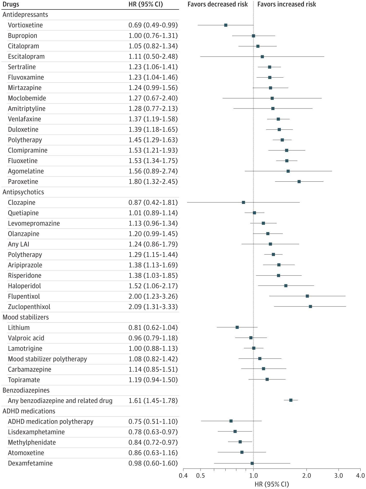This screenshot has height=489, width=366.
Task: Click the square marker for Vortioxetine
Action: pyautogui.click(x=226, y=25)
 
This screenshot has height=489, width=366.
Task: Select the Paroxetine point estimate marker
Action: pyautogui.click(x=299, y=181)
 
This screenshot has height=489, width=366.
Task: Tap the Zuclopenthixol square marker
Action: pyautogui.click(x=310, y=306)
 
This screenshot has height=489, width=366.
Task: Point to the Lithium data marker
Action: pyautogui.click(x=237, y=327)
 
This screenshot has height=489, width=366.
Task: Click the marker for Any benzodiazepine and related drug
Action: pyautogui.click(x=291, y=400)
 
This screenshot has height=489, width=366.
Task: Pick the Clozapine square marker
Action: pyautogui.click(x=243, y=202)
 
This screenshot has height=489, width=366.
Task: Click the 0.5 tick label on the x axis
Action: pyautogui.click(x=200, y=476)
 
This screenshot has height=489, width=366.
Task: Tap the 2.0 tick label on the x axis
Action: pyautogui.click(x=306, y=476)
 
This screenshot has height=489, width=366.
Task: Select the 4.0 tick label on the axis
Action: pyautogui.click(x=360, y=476)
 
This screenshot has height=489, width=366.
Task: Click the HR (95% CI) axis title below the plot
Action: pyautogui.click(x=272, y=484)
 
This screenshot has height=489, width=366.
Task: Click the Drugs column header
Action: pyautogui.click(x=11, y=4)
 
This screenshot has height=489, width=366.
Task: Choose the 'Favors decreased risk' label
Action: pyautogui.click(x=218, y=4)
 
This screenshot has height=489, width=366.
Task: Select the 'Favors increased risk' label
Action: pyautogui.click(x=287, y=4)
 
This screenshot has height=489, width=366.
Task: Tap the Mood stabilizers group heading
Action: pyautogui.click(x=26, y=317)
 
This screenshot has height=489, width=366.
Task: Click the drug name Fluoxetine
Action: pyautogui.click(x=23, y=161)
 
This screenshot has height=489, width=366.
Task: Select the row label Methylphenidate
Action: pyautogui.click(x=32, y=442)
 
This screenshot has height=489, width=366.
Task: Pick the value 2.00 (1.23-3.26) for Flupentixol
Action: pyautogui.click(x=153, y=296)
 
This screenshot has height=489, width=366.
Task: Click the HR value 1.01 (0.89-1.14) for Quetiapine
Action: pyautogui.click(x=153, y=213)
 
